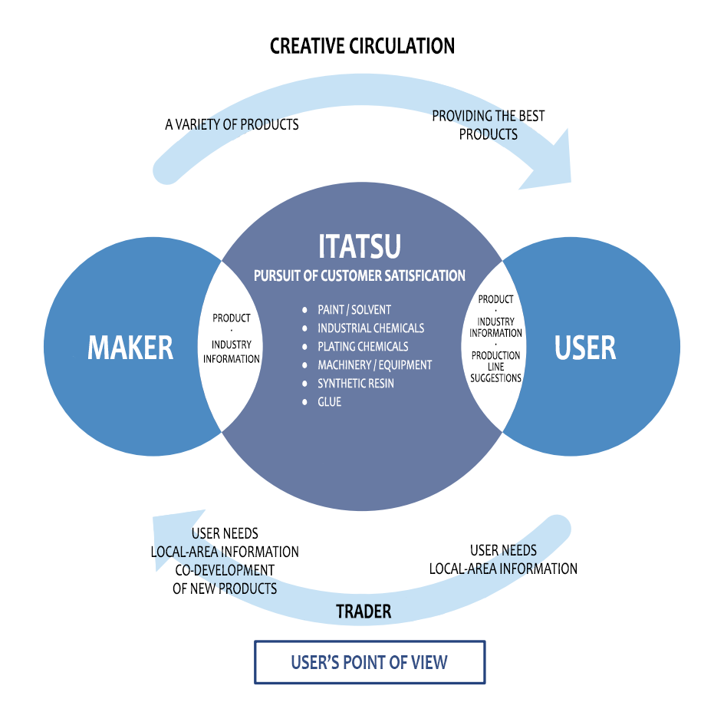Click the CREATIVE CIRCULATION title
(362, 46)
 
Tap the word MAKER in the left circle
(130, 348)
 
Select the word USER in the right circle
(585, 348)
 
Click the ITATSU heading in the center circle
(359, 246)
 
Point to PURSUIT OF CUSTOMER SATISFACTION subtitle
(360, 275)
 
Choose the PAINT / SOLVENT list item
(354, 310)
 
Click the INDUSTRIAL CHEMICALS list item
(370, 328)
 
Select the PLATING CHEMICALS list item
(363, 347)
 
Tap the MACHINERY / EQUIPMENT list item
(374, 365)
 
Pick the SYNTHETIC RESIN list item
(356, 384)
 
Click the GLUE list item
(329, 402)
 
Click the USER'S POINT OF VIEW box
(370, 662)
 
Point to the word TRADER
(364, 612)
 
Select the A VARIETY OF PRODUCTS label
(232, 124)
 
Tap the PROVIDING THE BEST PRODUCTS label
(489, 125)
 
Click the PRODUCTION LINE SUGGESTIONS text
(496, 367)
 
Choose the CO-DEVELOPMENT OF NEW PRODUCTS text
(225, 579)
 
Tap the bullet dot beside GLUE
(306, 402)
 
